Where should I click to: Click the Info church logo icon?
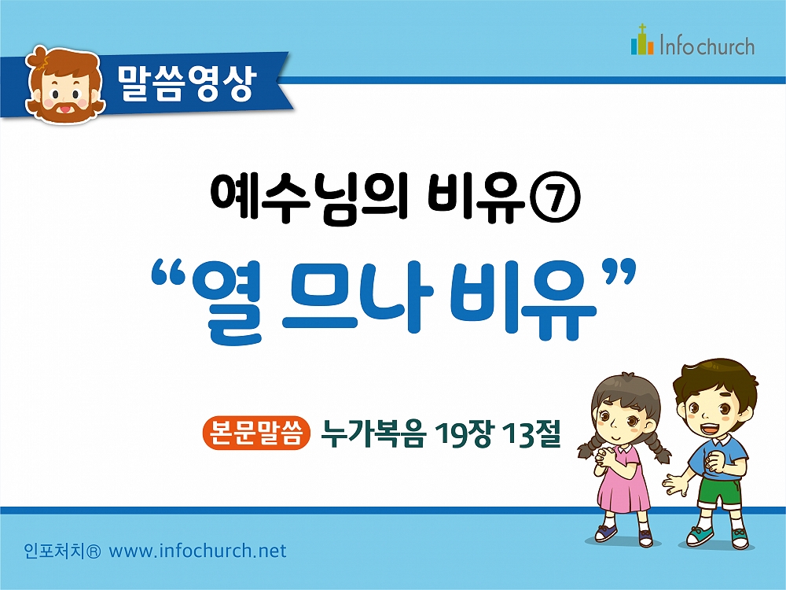point(643,39)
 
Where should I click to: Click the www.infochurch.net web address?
point(197,551)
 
